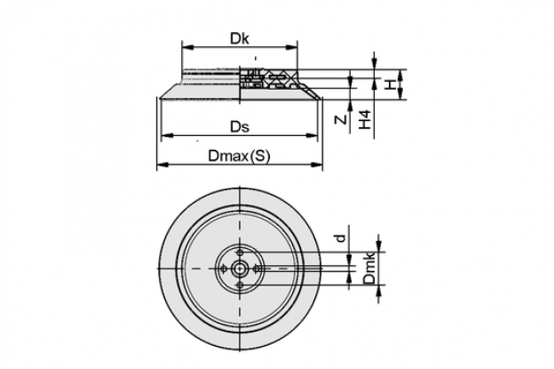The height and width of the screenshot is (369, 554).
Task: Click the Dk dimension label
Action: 240,38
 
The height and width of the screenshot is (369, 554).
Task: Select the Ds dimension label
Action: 240,126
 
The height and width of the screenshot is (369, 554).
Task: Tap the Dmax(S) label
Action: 239,156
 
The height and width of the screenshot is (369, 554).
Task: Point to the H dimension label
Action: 390,84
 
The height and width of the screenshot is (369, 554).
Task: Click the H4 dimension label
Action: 365,119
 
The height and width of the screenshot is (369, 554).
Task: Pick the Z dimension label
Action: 341,120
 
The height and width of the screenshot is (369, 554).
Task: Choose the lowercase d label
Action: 341,237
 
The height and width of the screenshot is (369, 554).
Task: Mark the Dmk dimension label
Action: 369,269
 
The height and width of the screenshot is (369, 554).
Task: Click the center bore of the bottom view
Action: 240,269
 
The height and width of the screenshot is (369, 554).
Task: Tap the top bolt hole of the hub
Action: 240,253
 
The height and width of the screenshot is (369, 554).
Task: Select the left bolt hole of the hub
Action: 223,269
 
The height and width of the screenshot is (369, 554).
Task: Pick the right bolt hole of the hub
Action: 257,269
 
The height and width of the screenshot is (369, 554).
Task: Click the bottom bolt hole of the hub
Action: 240,285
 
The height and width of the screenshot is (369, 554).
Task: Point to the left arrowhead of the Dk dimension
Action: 187,47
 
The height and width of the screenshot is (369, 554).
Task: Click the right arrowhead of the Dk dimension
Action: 292,47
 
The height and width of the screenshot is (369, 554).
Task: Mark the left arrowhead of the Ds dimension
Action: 166,135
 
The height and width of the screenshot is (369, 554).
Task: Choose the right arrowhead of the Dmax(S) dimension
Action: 317,164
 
